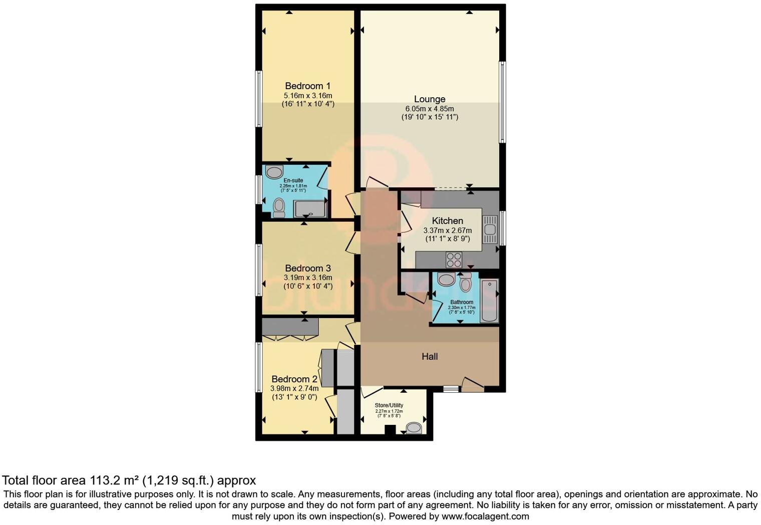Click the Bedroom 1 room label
pyautogui.click(x=307, y=86)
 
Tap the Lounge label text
pyautogui.click(x=429, y=99)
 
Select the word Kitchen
pyautogui.click(x=447, y=221)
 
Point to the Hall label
pyautogui.click(x=430, y=357)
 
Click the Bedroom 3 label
pyautogui.click(x=307, y=269)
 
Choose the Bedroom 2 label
pyautogui.click(x=294, y=379)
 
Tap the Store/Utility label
pyautogui.click(x=389, y=405)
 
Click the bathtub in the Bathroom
pyautogui.click(x=489, y=301)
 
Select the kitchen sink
pyautogui.click(x=490, y=229)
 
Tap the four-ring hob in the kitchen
pyautogui.click(x=454, y=260)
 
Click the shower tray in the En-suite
pyautogui.click(x=310, y=208)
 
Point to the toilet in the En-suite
pyautogui.click(x=279, y=207)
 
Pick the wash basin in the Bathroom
pyautogui.click(x=445, y=280)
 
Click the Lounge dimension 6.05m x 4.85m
pyautogui.click(x=429, y=109)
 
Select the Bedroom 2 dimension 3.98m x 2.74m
pyautogui.click(x=294, y=388)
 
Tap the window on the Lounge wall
pyautogui.click(x=502, y=102)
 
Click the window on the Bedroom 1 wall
pyautogui.click(x=259, y=98)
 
